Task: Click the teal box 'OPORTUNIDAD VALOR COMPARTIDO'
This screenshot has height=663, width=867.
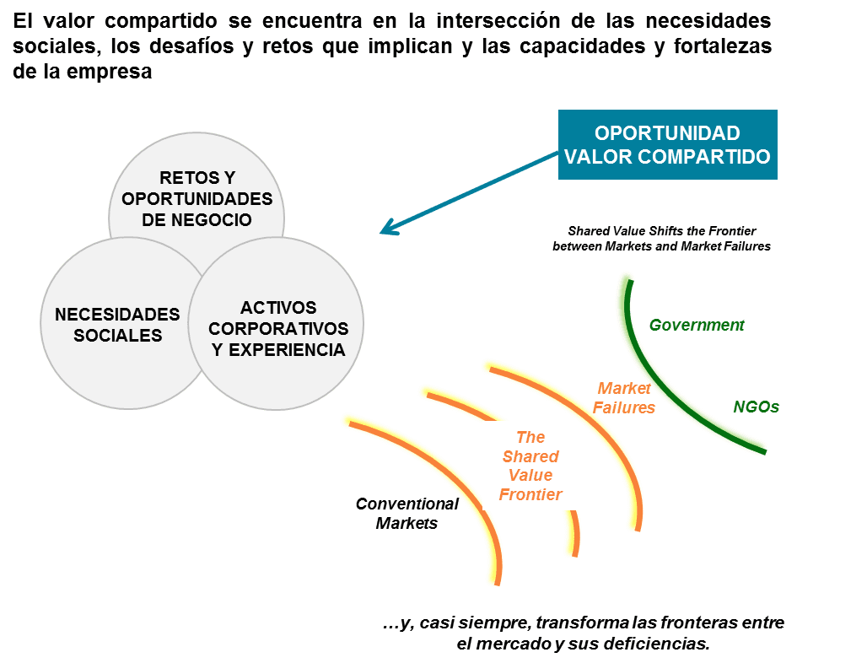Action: pyautogui.click(x=666, y=145)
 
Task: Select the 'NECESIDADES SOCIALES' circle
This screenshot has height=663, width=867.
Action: pyautogui.click(x=117, y=324)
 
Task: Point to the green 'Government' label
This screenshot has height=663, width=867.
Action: pyautogui.click(x=697, y=325)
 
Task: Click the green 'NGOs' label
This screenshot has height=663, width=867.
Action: pyautogui.click(x=756, y=407)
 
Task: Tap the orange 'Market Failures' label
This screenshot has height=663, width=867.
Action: pyautogui.click(x=624, y=397)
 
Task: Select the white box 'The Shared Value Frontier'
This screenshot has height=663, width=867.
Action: pyautogui.click(x=530, y=466)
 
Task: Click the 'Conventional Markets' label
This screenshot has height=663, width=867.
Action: pyautogui.click(x=407, y=513)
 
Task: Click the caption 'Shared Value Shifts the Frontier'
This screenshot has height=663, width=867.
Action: pyautogui.click(x=661, y=230)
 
